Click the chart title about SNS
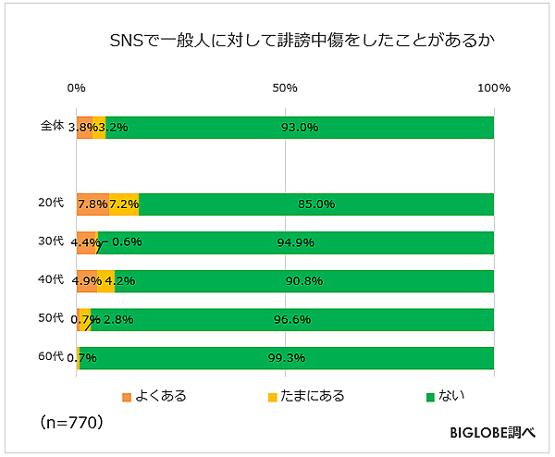[289, 42]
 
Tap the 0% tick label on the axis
[77, 88]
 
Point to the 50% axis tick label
[285, 88]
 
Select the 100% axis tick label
[493, 88]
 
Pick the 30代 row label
[51, 241]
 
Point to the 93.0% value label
[300, 128]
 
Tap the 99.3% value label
[286, 358]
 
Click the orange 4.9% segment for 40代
[87, 281]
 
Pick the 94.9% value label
[296, 243]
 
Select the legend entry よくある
[154, 397]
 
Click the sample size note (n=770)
[71, 422]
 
